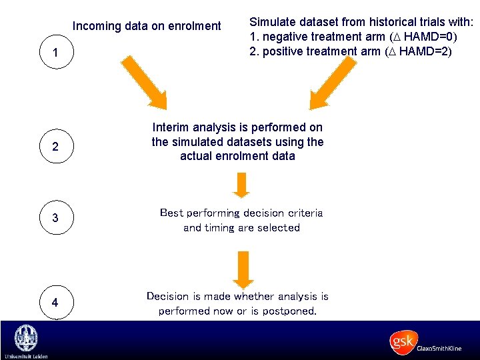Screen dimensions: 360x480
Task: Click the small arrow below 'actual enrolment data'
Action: click(241, 185)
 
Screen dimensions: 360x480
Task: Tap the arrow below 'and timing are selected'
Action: click(244, 267)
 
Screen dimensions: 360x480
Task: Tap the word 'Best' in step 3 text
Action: click(171, 213)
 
